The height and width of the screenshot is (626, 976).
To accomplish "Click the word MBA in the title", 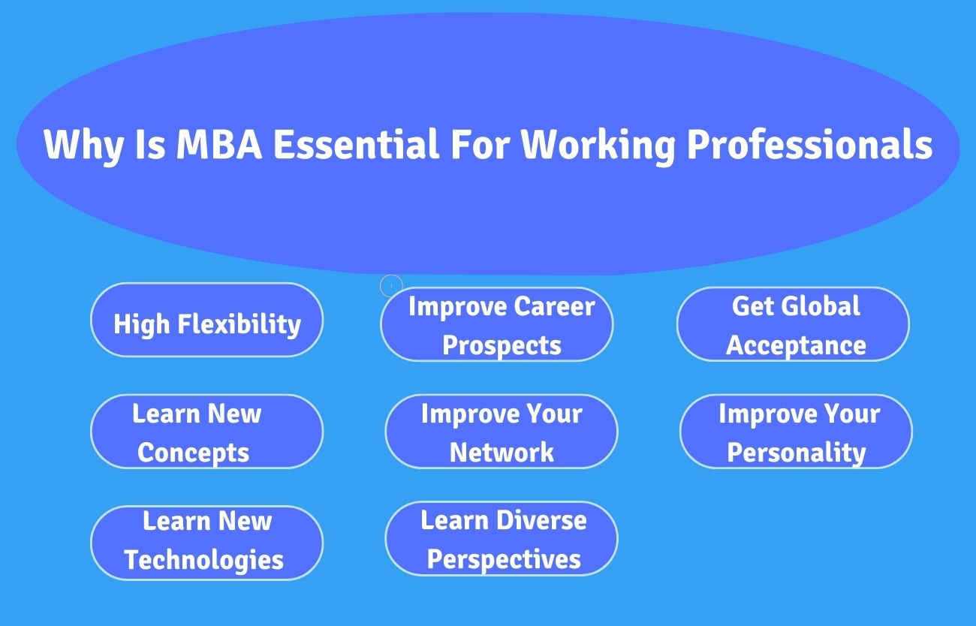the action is tap(219, 144).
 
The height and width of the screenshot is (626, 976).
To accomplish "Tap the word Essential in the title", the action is tap(356, 144).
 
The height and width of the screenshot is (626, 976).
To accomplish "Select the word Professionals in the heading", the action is tap(809, 145).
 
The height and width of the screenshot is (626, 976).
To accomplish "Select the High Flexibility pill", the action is tap(206, 320).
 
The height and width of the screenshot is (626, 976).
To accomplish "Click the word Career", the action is tap(554, 306).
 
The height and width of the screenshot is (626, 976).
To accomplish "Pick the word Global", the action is tap(821, 305).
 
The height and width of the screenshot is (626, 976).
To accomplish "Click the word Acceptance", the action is tap(796, 346).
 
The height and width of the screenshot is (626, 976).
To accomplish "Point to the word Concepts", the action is tap(194, 454).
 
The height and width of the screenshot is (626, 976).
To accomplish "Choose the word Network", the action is tap(502, 452).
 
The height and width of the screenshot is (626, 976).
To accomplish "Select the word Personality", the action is tap(797, 454).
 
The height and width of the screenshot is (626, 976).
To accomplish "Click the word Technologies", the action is tap(204, 560).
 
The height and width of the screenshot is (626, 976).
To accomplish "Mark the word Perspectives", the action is tap(504, 560).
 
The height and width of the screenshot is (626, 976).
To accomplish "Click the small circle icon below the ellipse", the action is tap(391, 286).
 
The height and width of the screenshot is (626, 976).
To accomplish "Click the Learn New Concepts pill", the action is tap(206, 432).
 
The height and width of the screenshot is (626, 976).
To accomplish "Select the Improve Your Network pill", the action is tap(502, 432).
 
